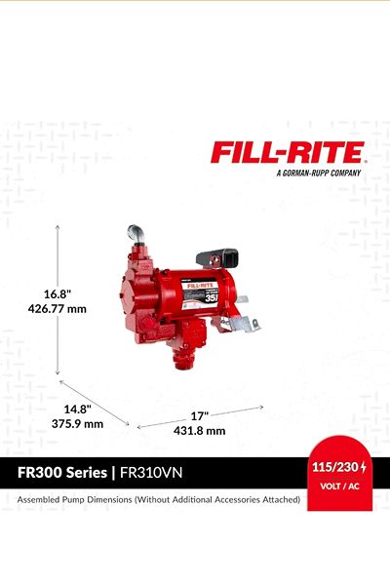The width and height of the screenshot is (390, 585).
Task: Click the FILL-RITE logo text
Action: [x=288, y=152]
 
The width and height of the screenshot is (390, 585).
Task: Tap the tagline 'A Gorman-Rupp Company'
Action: [x=319, y=174]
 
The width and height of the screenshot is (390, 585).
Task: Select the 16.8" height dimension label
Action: [x=58, y=294]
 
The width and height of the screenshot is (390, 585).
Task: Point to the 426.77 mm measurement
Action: [x=58, y=309]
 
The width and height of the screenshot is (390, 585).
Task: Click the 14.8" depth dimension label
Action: [x=78, y=409]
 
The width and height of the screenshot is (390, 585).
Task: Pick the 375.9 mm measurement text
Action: [x=77, y=424]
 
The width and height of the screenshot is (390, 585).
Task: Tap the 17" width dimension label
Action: [x=200, y=415]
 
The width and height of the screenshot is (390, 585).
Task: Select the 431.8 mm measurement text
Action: [x=199, y=431]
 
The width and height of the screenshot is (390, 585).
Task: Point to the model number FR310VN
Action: [x=151, y=473]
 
